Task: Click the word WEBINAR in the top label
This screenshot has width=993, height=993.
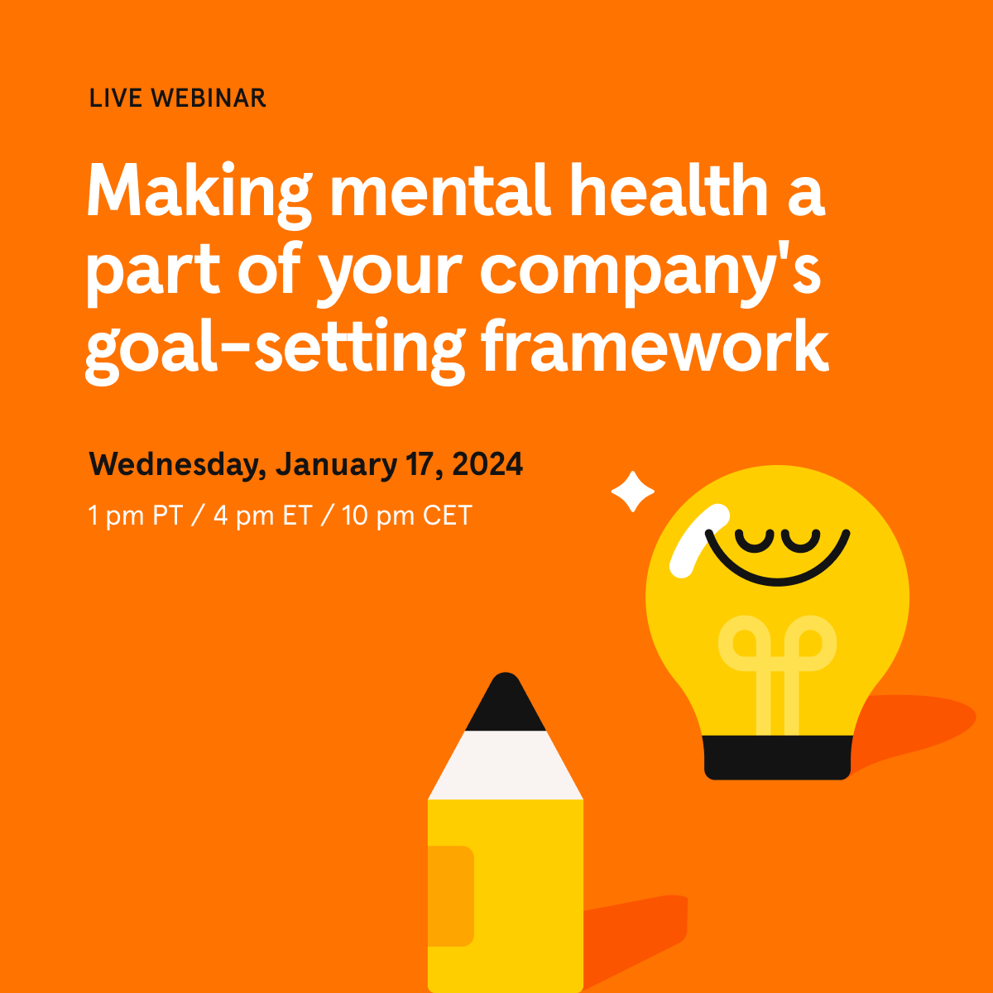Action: pyautogui.click(x=209, y=98)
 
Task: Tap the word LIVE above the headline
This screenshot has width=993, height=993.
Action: pyautogui.click(x=117, y=98)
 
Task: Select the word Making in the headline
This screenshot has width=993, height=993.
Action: pyautogui.click(x=199, y=193)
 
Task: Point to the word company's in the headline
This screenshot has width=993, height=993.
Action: pyautogui.click(x=650, y=271)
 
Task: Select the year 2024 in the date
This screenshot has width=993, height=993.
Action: pyautogui.click(x=487, y=464)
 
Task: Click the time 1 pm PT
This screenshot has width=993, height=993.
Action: pyautogui.click(x=135, y=516)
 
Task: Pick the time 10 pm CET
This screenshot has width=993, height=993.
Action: pyautogui.click(x=406, y=516)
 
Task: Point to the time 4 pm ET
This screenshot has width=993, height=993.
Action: pyautogui.click(x=261, y=516)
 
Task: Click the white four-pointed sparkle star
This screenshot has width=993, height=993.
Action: pyautogui.click(x=633, y=492)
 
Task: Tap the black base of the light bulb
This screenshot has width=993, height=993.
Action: pyautogui.click(x=777, y=757)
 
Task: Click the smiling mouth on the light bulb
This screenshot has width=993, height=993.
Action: pyautogui.click(x=778, y=563)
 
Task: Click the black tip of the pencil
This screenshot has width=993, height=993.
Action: pyautogui.click(x=505, y=705)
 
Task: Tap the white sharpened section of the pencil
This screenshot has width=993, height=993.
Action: pyautogui.click(x=505, y=766)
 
